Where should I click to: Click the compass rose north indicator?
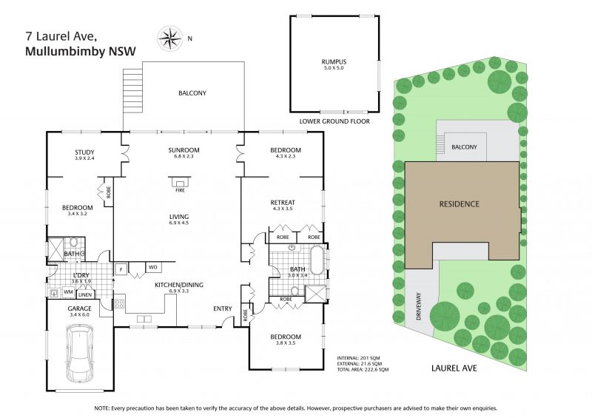170,38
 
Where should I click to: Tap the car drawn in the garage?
80,355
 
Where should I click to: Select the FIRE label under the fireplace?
180,191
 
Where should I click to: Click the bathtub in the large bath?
317,260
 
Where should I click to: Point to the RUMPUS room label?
334,61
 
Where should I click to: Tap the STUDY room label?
84,152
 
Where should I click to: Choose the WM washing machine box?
68,292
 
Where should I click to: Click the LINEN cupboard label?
85,294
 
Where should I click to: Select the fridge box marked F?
121,269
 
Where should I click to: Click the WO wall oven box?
153,267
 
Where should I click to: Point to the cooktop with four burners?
120,303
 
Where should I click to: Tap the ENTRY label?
223,309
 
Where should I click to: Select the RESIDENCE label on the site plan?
459,204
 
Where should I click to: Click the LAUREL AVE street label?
454,368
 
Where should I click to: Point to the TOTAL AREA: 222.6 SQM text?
363,369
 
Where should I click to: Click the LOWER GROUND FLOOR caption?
334,121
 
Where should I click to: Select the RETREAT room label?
283,203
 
